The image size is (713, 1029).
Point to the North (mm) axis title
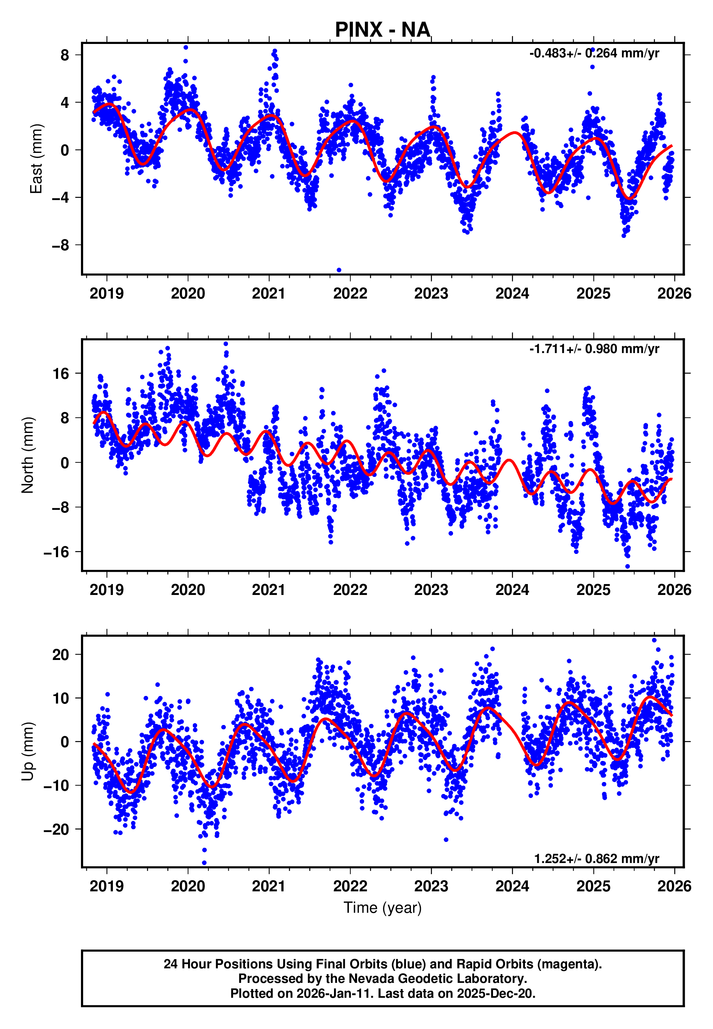(x=28, y=455)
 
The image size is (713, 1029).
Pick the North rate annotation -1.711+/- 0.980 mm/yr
(x=594, y=349)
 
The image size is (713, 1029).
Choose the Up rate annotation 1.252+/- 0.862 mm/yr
(x=596, y=859)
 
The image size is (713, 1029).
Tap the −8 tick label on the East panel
(x=60, y=245)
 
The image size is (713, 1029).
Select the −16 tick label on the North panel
(x=56, y=552)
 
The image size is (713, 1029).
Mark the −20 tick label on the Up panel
(x=56, y=829)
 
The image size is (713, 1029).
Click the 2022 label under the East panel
(x=350, y=294)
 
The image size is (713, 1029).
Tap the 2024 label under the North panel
(x=512, y=590)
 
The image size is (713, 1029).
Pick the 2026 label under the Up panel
(x=674, y=886)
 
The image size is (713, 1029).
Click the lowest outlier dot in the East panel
(x=339, y=270)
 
